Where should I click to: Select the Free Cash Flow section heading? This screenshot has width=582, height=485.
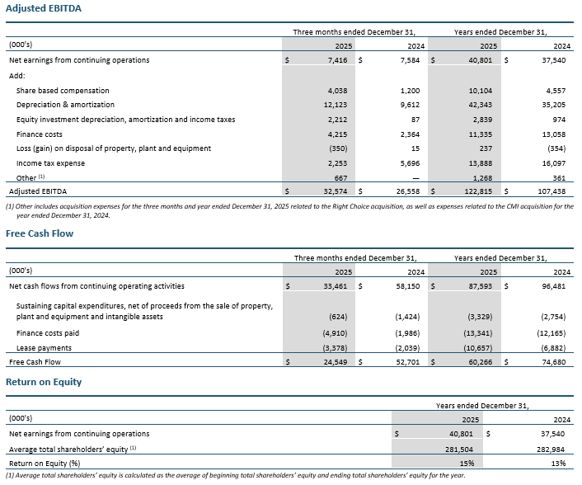coord(40,233)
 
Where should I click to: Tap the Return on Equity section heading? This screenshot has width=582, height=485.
coord(44,382)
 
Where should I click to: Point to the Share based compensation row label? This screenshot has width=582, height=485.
coord(63,91)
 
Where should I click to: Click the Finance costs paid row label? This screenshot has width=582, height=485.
coord(49,333)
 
